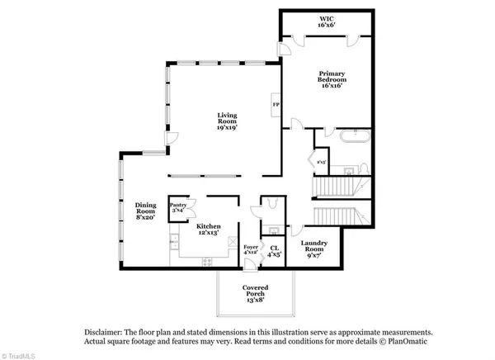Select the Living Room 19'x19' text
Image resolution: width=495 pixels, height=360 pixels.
pos(228,121)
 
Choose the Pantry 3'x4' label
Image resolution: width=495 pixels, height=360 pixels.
pos(177,206)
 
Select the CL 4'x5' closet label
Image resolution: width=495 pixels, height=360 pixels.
pos(274,251)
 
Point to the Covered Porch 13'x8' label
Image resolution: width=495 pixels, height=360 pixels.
pos(255,291)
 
